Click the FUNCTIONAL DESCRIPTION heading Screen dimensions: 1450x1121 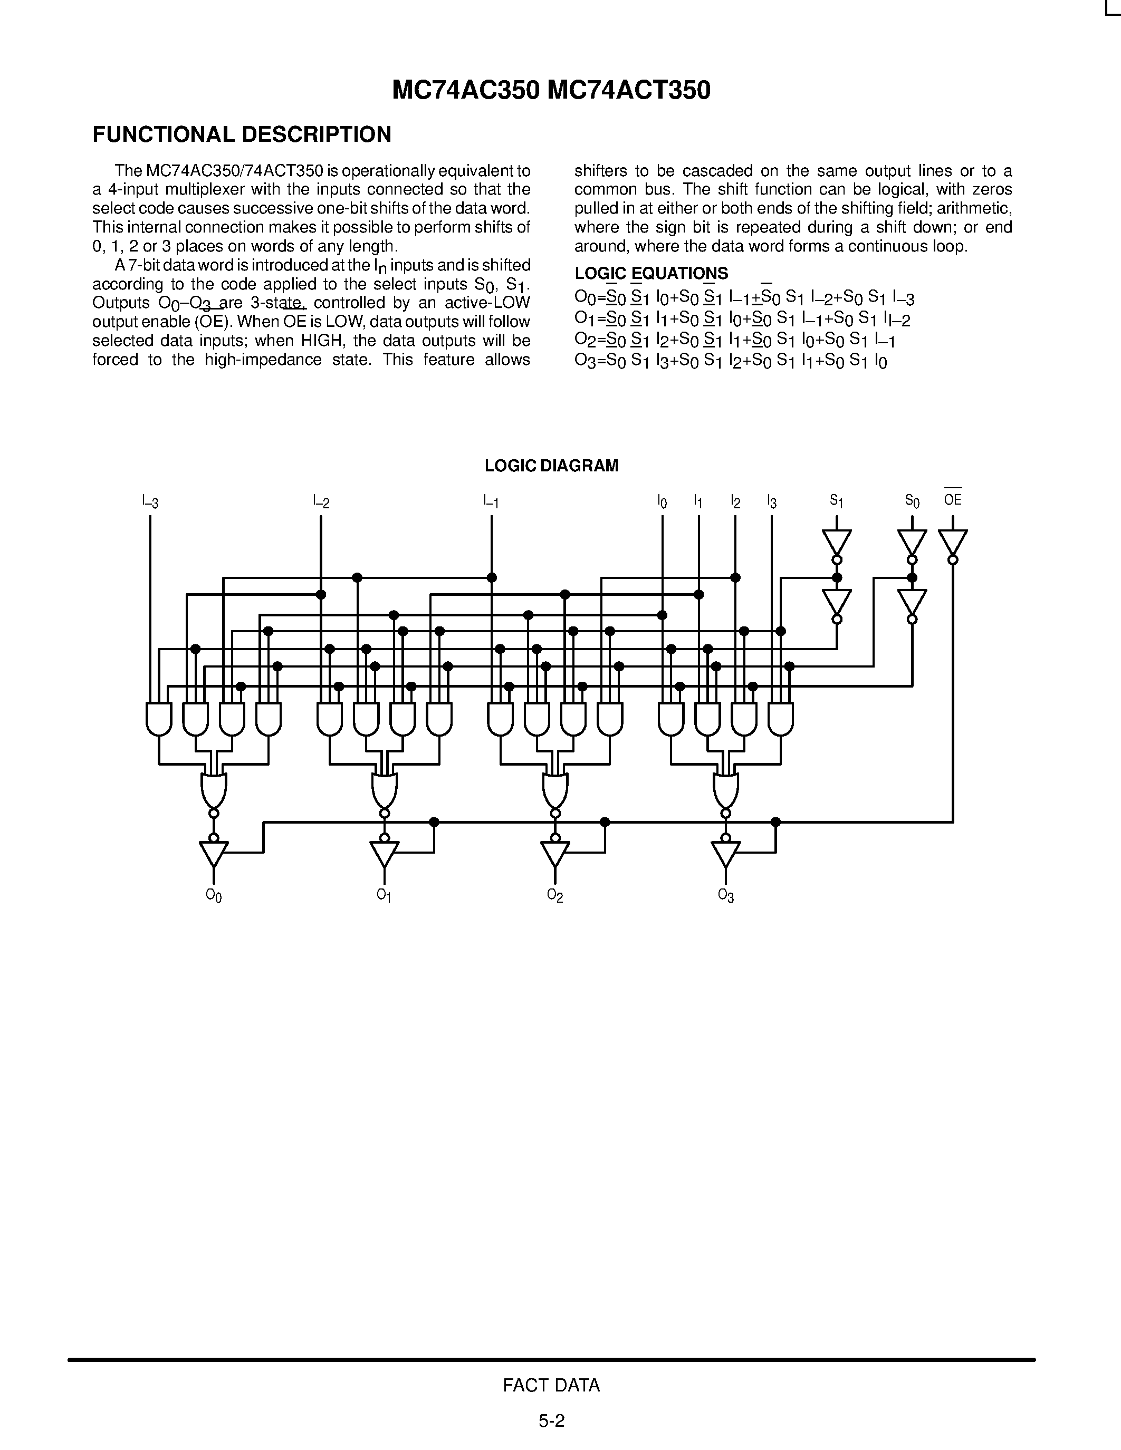242,135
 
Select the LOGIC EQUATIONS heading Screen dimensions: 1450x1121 651,273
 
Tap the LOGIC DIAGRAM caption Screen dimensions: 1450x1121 551,466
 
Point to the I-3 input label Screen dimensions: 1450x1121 150,501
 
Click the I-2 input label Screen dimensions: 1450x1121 321,501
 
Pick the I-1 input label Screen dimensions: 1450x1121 492,501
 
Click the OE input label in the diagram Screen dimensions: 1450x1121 953,499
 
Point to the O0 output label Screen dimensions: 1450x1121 214,896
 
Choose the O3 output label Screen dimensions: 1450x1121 726,896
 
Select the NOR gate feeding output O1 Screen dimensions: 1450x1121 385,790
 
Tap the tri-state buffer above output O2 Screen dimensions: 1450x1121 555,853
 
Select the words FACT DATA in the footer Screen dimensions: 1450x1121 551,1385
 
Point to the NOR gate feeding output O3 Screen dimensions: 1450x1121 726,790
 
